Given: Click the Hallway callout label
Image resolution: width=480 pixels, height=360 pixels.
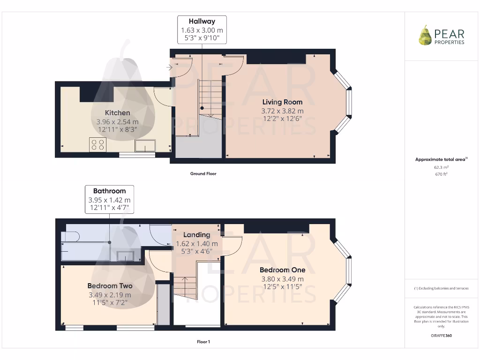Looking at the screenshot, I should pyautogui.click(x=202, y=21).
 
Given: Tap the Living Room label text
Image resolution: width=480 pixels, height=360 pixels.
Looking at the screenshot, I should pyautogui.click(x=282, y=102).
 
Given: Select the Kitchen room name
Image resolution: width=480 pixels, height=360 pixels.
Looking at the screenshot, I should pyautogui.click(x=117, y=113).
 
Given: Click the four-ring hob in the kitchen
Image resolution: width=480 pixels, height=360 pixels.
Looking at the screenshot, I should pyautogui.click(x=98, y=145).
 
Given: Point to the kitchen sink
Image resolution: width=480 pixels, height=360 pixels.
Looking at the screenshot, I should pyautogui.click(x=145, y=146).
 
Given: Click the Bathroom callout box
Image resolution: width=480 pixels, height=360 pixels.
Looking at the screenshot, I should pyautogui.click(x=109, y=199).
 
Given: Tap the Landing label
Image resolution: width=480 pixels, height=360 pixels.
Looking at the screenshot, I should pyautogui.click(x=196, y=235).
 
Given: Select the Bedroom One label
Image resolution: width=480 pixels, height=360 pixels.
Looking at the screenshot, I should pyautogui.click(x=282, y=270).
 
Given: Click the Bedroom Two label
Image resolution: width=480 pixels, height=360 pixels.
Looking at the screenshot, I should pyautogui.click(x=110, y=286).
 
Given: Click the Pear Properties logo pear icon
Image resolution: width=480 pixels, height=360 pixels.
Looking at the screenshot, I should pyautogui.click(x=425, y=36).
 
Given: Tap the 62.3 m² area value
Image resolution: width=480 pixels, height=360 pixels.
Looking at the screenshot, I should pyautogui.click(x=441, y=167).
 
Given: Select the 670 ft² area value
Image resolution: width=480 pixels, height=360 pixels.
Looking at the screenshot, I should pyautogui.click(x=441, y=174).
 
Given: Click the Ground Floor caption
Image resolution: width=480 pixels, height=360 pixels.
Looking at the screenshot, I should pyautogui.click(x=203, y=173).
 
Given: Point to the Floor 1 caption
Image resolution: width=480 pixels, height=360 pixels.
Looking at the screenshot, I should pyautogui.click(x=203, y=342).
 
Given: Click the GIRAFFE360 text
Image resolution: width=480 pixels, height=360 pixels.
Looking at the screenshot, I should pyautogui.click(x=441, y=336).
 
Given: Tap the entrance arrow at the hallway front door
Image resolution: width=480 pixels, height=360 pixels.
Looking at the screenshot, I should pyautogui.click(x=169, y=67).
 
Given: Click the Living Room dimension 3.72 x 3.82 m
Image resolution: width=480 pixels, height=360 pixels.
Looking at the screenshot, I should pyautogui.click(x=282, y=111).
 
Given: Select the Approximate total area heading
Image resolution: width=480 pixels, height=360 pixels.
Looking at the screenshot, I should pyautogui.click(x=441, y=159).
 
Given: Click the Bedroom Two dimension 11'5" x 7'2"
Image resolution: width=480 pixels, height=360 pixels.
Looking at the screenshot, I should pyautogui.click(x=110, y=303).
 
